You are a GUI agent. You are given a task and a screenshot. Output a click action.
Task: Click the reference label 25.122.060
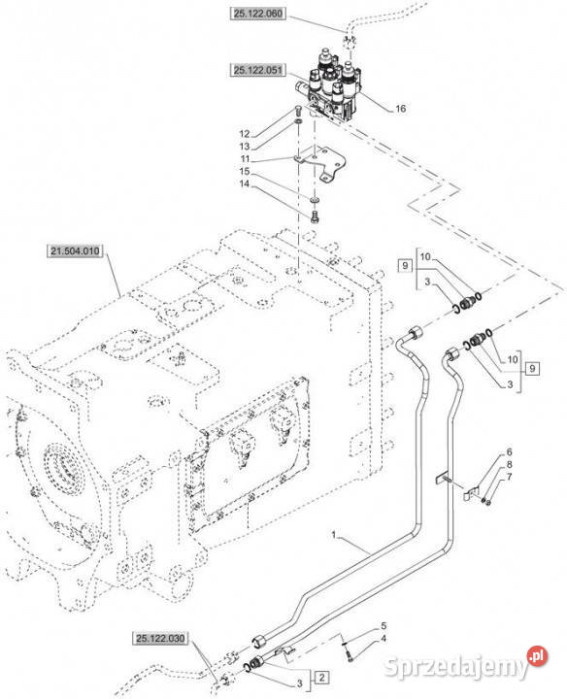(x=258, y=14)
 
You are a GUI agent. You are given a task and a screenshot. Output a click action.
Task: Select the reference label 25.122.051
(x=258, y=70)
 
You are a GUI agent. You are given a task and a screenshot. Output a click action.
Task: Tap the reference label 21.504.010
(x=75, y=251)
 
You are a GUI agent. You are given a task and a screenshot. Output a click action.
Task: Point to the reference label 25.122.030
(x=160, y=639)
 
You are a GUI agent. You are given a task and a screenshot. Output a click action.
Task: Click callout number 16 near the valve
(x=400, y=109)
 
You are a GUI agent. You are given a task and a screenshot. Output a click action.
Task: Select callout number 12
(x=245, y=134)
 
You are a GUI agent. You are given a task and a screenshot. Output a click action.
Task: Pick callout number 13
(x=245, y=147)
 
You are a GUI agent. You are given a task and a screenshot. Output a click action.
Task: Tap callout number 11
(x=245, y=158)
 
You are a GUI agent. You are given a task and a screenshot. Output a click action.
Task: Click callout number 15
(x=245, y=171)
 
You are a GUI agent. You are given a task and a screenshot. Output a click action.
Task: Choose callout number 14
(x=245, y=183)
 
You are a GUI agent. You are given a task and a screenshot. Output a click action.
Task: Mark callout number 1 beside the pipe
(x=333, y=534)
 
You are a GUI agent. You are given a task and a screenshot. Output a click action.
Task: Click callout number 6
(x=510, y=452)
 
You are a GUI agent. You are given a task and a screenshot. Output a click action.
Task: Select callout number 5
(x=384, y=626)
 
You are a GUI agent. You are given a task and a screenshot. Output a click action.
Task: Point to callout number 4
(x=384, y=639)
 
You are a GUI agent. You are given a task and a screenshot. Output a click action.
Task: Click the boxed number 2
(x=321, y=678)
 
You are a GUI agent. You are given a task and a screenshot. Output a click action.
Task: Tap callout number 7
(x=509, y=478)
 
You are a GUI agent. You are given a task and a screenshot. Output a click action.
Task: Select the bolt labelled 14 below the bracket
(x=315, y=217)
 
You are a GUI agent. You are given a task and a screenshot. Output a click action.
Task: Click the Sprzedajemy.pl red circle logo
(x=537, y=655)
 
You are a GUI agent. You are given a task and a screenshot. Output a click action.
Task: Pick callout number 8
(x=509, y=465)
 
